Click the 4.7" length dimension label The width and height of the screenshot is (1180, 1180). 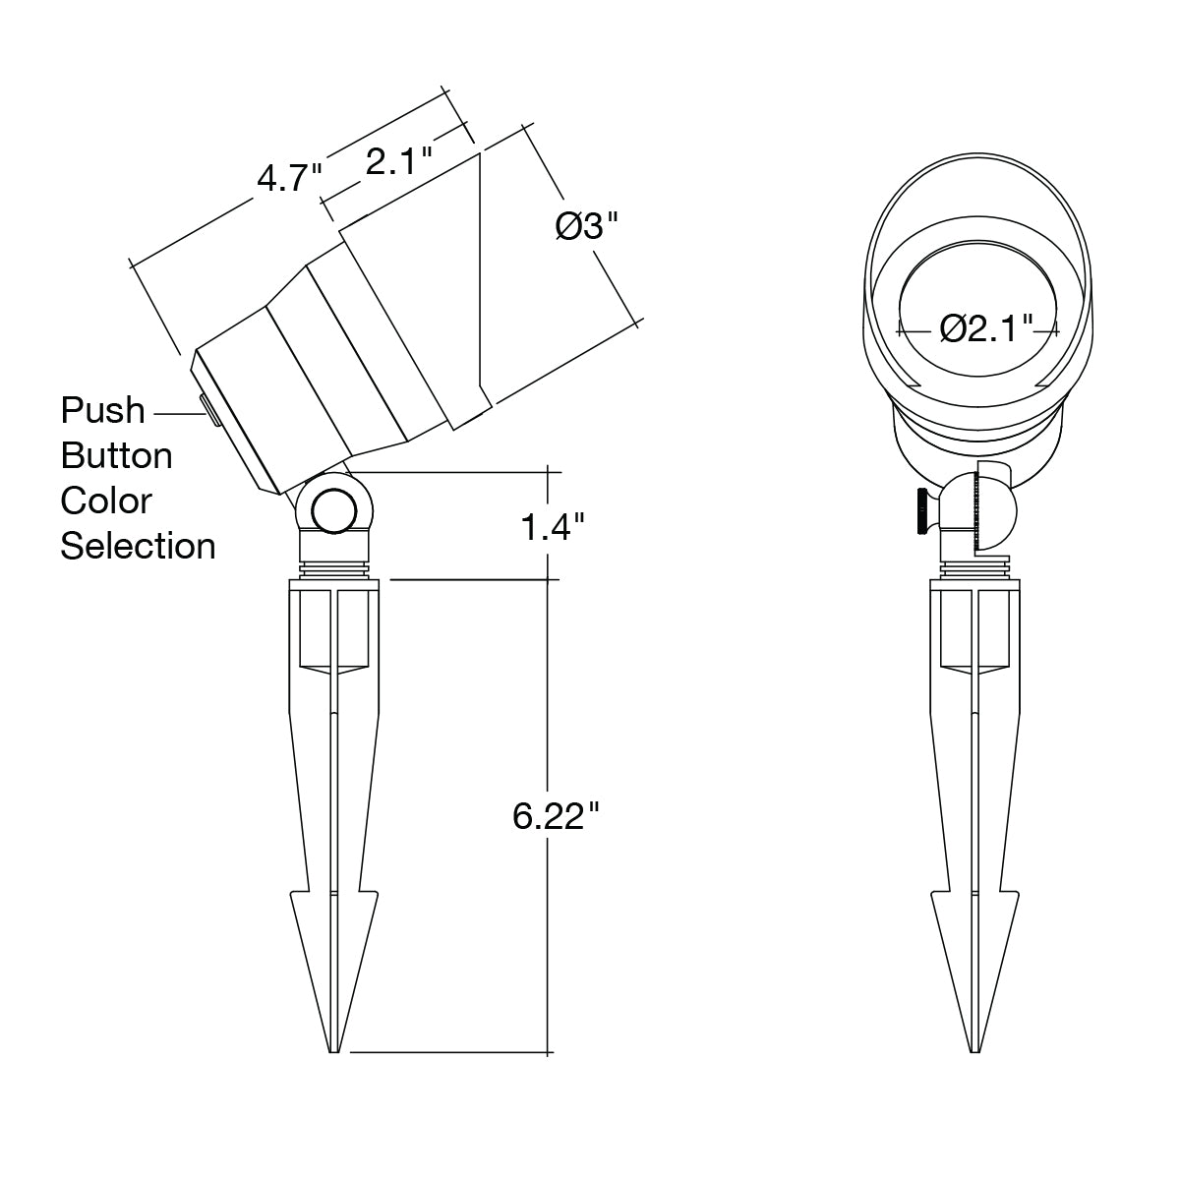click(x=289, y=179)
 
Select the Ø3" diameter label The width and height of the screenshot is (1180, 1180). click(x=587, y=226)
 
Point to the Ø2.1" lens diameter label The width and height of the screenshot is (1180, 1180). click(x=986, y=328)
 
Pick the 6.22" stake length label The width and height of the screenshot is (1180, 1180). click(x=556, y=817)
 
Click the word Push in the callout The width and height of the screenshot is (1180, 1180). click(x=102, y=410)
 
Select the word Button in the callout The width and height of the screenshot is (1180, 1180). click(x=116, y=455)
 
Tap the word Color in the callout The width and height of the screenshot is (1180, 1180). click(x=106, y=501)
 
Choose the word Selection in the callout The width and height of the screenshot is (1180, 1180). click(x=138, y=546)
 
